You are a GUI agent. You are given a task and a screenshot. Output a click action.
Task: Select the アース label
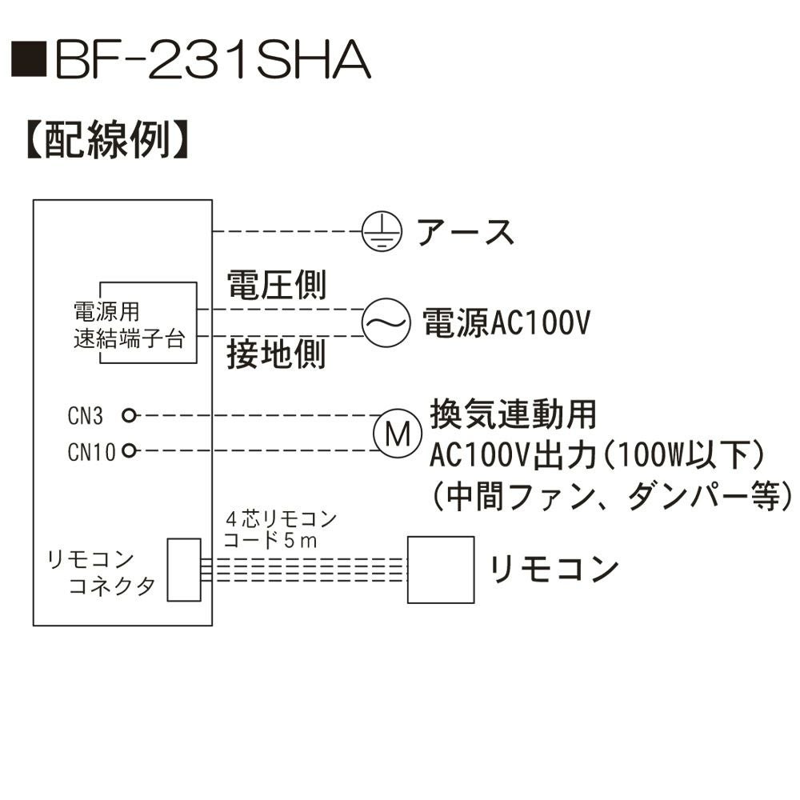click(465, 232)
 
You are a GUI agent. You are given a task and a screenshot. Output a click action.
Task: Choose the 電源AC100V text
click(506, 322)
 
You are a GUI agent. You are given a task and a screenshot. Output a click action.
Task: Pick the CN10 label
click(92, 451)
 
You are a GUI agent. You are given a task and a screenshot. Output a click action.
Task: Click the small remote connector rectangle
click(185, 569)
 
